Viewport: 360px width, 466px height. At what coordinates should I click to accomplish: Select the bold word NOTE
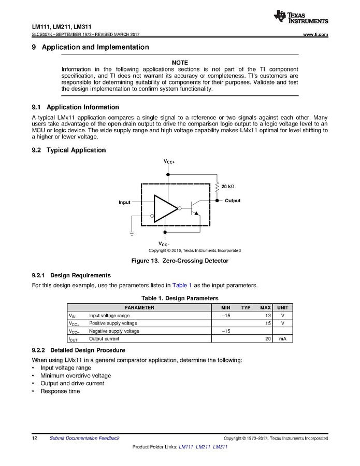(180, 63)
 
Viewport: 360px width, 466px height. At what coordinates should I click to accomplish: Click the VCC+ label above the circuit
(169, 162)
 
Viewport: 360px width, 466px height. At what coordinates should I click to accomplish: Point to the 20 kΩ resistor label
(228, 186)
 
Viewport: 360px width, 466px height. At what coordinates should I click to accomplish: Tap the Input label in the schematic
(124, 202)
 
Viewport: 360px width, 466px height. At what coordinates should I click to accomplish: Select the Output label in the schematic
(233, 201)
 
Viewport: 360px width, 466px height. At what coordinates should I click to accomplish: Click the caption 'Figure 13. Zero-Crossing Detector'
(180, 260)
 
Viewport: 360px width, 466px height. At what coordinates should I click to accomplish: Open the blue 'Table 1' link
(182, 285)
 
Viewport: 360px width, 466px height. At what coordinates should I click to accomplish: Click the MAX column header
(265, 307)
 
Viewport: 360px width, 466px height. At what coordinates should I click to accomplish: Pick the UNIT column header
(283, 307)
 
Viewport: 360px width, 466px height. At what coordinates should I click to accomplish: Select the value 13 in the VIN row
(268, 315)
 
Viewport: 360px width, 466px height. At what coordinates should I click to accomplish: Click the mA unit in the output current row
(283, 338)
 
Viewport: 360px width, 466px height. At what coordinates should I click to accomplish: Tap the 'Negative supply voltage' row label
(114, 331)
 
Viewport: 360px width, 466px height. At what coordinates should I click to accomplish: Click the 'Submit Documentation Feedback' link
(84, 438)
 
